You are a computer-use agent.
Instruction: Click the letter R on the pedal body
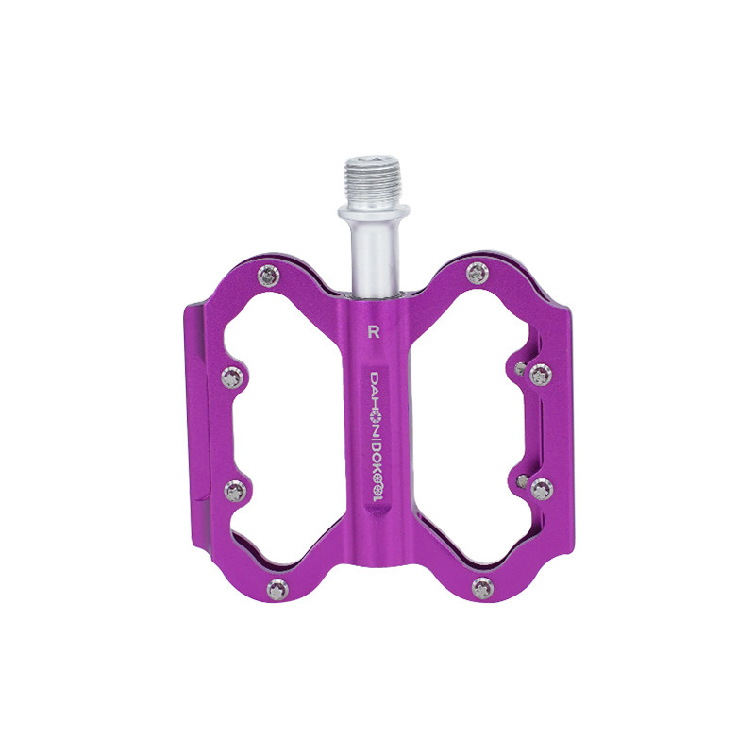coord(374,332)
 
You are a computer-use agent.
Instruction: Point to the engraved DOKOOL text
coord(376,468)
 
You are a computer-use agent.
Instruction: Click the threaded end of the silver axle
coord(373,180)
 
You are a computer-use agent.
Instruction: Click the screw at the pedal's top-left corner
coord(269,276)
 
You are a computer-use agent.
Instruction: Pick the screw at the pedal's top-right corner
coord(478,274)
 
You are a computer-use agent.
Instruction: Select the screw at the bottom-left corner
coord(277,590)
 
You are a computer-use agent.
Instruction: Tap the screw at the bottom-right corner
coord(483,588)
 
